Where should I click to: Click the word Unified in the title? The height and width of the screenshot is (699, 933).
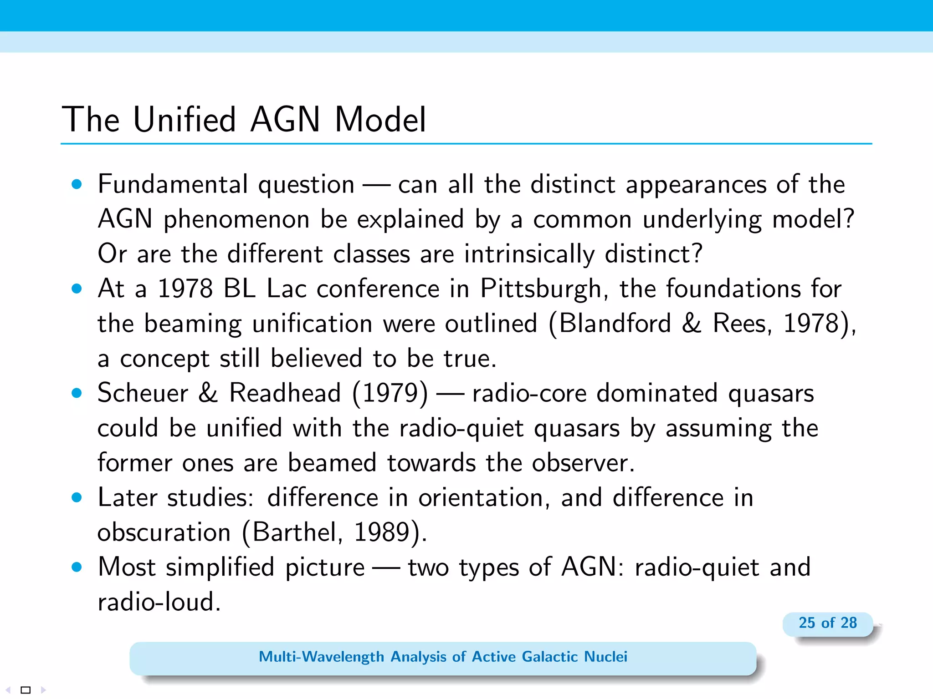pos(185,119)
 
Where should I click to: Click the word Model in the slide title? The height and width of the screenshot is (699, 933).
pos(380,119)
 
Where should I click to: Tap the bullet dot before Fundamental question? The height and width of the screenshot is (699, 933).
pos(77,184)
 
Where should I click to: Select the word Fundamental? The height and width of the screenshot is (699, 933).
pos(173,184)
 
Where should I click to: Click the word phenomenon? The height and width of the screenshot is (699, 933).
pos(236,219)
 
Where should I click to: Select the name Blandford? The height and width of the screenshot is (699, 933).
pos(615,324)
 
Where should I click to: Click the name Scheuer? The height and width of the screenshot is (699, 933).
pos(143,393)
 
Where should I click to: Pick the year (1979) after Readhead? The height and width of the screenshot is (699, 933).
pos(390,393)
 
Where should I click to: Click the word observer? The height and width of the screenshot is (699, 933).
pos(583,463)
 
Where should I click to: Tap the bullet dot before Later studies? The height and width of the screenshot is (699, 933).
pos(77,497)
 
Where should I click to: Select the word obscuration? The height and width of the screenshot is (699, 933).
pos(164,532)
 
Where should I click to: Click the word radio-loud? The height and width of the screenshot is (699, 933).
pos(159,602)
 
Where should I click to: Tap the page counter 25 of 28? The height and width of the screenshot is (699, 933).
pos(827,623)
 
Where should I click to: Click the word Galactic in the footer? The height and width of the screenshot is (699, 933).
pos(549,657)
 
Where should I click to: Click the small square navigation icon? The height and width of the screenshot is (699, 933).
pos(26,690)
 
